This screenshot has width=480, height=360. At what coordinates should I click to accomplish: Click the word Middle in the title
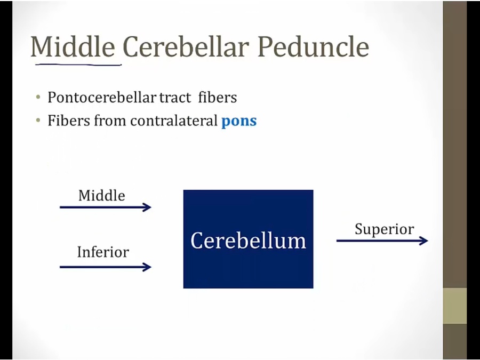click(x=73, y=46)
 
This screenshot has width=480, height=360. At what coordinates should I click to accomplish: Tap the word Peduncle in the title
click(x=313, y=46)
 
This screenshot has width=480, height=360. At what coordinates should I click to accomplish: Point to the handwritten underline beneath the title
click(x=78, y=65)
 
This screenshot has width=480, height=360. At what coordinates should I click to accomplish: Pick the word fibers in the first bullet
click(x=218, y=98)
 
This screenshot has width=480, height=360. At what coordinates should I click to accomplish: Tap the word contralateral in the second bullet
click(x=173, y=121)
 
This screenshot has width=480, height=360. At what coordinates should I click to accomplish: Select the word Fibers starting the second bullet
click(x=70, y=121)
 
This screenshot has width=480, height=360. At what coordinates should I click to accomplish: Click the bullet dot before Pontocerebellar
click(x=38, y=98)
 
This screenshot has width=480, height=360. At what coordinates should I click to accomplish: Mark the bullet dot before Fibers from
click(x=38, y=121)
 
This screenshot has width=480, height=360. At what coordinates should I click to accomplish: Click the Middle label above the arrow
click(x=102, y=196)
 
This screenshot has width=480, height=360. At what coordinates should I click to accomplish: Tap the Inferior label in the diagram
click(x=103, y=252)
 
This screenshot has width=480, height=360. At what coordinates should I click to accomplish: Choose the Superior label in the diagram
click(x=385, y=229)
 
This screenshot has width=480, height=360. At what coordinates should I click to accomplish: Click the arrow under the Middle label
click(x=105, y=207)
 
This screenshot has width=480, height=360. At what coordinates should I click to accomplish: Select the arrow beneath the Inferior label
click(x=105, y=267)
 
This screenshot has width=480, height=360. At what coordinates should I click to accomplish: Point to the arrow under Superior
click(x=382, y=241)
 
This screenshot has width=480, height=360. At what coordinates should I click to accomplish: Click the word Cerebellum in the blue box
click(x=248, y=241)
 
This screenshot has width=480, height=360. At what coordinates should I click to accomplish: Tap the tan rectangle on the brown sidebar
click(x=455, y=306)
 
